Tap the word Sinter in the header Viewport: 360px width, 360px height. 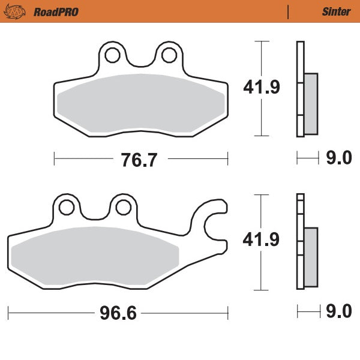point(336,11)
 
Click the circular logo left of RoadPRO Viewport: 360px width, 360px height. point(20,11)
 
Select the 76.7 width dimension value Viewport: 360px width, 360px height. point(141,159)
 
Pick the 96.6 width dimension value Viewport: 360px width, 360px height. point(118,313)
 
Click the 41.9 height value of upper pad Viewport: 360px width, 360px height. point(262,88)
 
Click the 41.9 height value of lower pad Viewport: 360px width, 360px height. point(262,240)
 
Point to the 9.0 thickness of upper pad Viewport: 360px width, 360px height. point(338,159)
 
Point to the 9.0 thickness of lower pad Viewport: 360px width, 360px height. point(338,313)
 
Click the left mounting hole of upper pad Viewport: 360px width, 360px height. point(112,55)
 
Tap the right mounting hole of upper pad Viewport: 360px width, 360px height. point(166,55)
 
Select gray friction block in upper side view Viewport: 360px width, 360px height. point(311,103)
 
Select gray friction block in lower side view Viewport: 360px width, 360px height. point(311,256)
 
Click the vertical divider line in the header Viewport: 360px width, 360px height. point(288,11)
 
